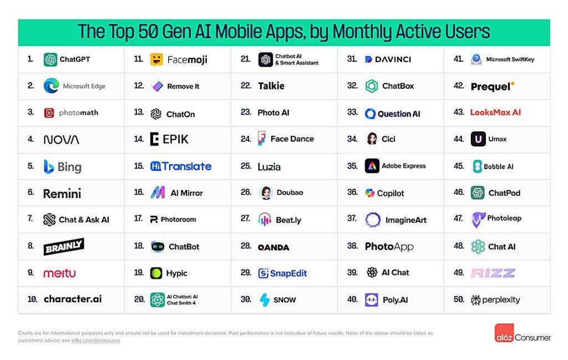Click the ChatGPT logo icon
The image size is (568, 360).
tap(50, 59)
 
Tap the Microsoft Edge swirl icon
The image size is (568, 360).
tap(51, 86)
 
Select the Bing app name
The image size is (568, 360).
tap(69, 167)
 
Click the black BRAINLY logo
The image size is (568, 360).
tap(64, 246)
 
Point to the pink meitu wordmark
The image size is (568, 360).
tap(59, 273)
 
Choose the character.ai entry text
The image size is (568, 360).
tap(73, 299)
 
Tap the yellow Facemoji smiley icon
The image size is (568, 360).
tap(156, 59)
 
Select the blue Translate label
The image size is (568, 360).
tap(187, 166)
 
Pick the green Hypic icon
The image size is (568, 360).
tap(156, 273)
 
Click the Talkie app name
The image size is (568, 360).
tap(271, 86)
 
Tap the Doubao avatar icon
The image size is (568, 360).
tap(266, 192)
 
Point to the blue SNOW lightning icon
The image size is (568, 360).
tap(265, 300)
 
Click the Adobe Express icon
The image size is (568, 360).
tap(372, 166)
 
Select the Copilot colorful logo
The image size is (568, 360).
tap(370, 193)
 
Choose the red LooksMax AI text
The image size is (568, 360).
tap(495, 112)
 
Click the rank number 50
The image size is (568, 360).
tap(459, 300)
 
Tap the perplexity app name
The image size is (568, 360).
tap(501, 300)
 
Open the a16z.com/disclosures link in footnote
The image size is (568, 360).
tap(95, 341)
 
